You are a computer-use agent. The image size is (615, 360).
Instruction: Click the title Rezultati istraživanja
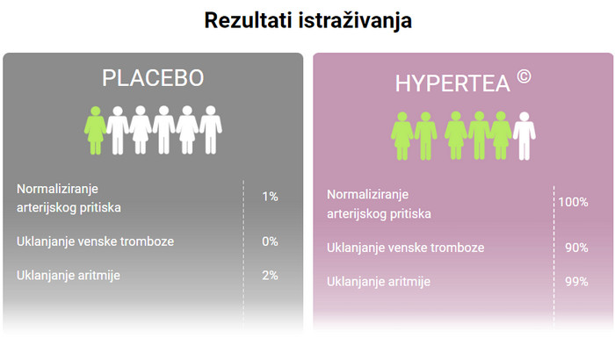click(307, 21)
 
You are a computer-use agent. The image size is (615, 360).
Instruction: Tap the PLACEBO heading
click(153, 77)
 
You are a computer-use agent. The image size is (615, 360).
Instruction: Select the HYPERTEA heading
click(452, 83)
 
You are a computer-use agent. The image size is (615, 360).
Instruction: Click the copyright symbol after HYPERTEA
click(524, 76)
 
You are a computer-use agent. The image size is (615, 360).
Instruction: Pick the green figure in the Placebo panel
click(95, 130)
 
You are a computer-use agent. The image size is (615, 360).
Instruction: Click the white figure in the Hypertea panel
click(525, 136)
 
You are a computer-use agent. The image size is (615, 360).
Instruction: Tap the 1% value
click(270, 197)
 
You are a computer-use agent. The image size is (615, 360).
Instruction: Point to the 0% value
click(270, 241)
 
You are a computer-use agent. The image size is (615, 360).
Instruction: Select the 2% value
click(270, 276)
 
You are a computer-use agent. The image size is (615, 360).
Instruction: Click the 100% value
click(573, 202)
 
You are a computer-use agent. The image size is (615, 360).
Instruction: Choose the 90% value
click(576, 248)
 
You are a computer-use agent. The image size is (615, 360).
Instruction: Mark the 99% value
click(576, 282)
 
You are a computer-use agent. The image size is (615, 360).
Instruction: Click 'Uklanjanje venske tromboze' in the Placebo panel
click(95, 241)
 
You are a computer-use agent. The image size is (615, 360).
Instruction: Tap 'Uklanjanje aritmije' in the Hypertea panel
click(379, 282)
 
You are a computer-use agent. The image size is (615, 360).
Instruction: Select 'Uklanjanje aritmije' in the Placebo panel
click(69, 276)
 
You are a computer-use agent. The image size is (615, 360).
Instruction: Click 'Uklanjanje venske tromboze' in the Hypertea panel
click(406, 248)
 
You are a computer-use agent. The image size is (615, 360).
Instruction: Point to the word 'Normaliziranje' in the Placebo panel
click(57, 190)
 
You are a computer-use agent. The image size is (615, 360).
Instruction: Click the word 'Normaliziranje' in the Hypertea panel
click(367, 195)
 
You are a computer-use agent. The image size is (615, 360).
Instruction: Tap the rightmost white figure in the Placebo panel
click(211, 130)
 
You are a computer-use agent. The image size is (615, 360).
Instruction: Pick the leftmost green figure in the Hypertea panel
click(402, 136)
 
